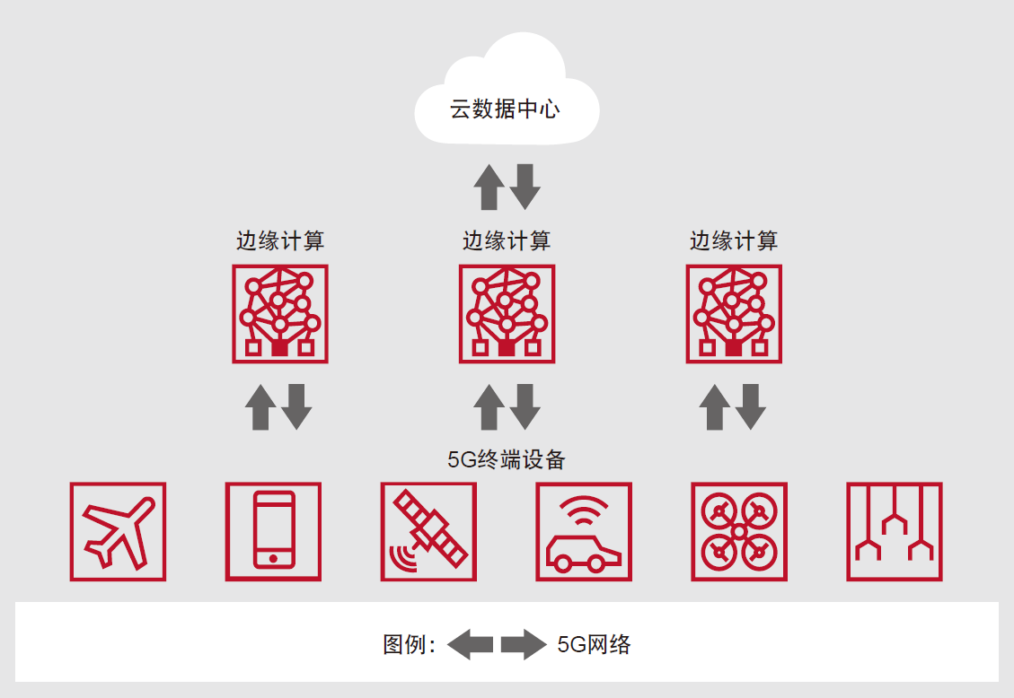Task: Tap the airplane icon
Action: [118, 532]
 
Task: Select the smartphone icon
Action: [273, 532]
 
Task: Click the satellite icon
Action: [428, 532]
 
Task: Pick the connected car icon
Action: [584, 532]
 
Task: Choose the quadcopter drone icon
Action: [739, 532]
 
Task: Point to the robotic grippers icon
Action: [895, 532]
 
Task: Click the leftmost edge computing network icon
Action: [280, 314]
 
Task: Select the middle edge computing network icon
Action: [507, 314]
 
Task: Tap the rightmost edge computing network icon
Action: [734, 314]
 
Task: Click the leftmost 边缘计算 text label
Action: [280, 241]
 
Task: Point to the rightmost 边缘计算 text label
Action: [734, 241]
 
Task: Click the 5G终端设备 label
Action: [507, 460]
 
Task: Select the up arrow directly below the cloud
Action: [489, 187]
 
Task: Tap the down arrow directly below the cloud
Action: [525, 187]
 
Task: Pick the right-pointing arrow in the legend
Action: [524, 644]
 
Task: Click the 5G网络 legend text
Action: [594, 644]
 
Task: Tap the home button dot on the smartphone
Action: [273, 558]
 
